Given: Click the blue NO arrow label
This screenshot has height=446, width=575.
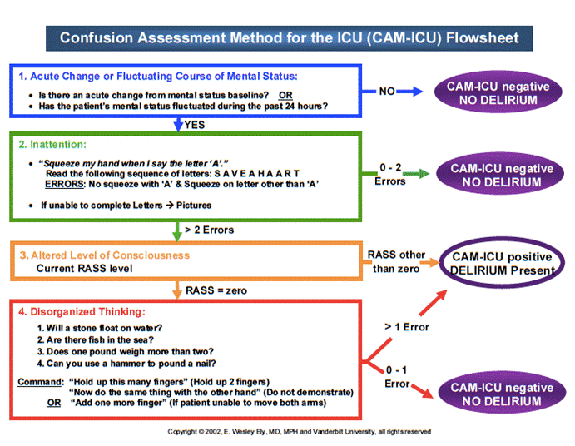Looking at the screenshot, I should point(387,92).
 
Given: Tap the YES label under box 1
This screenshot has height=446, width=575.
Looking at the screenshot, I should point(196,126).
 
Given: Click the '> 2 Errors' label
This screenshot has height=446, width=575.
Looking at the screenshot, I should point(209,230).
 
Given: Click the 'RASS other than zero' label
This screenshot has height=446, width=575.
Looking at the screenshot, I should point(395,261).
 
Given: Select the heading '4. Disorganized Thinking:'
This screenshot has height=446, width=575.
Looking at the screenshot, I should point(82,312).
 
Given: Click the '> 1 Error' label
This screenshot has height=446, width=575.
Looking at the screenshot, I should point(406,327).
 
